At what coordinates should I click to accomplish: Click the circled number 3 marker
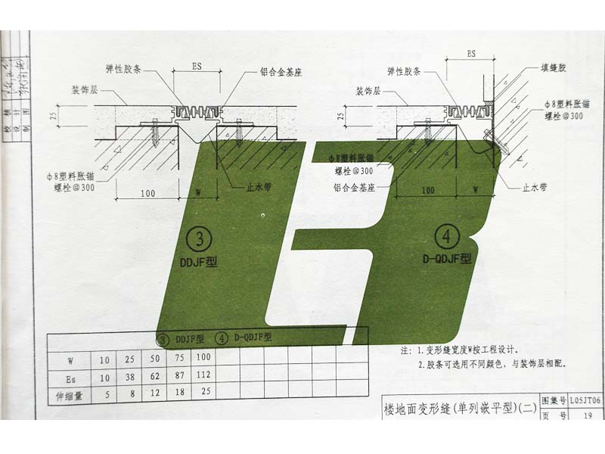tap(199, 240)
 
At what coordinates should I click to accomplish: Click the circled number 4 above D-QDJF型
tap(447, 236)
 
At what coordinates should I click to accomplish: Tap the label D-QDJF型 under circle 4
tap(446, 259)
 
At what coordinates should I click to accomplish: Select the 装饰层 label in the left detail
tap(87, 89)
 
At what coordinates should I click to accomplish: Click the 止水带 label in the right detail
tap(535, 185)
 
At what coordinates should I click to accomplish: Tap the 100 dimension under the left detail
tap(148, 194)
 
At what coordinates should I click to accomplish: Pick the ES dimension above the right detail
tap(470, 54)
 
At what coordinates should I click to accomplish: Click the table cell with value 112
tap(203, 374)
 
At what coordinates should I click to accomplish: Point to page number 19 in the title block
tap(587, 414)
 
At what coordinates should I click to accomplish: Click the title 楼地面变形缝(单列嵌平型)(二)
tap(460, 409)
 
